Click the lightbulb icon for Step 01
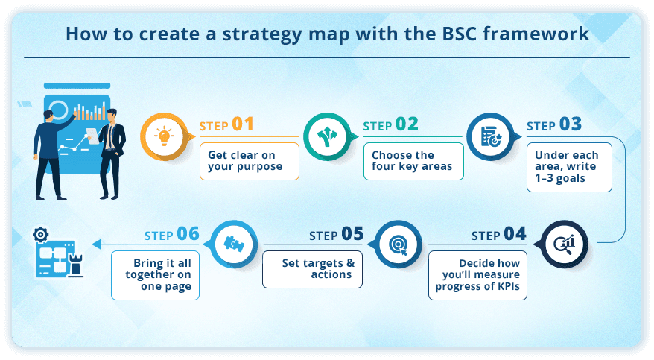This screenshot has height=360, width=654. [x=164, y=136]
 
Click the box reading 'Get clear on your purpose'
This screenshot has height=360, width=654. [x=250, y=160]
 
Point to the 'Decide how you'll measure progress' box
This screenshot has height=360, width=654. [x=477, y=275]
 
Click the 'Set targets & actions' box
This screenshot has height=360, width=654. [x=312, y=268]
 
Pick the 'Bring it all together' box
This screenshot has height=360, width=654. [x=155, y=275]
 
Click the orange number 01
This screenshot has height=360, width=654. [x=243, y=124]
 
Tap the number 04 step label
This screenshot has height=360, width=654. [x=515, y=234]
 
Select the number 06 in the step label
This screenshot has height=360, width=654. [x=188, y=234]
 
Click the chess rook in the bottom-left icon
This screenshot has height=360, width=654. [x=75, y=264]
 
